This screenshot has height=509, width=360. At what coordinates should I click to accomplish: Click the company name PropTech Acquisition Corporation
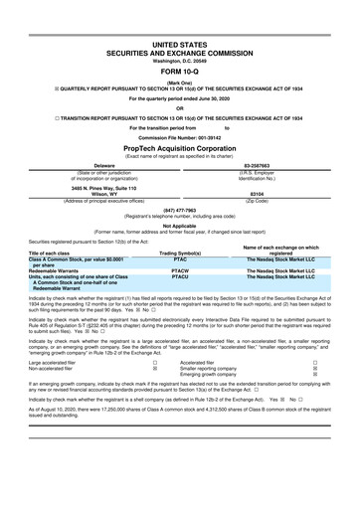point(180,145)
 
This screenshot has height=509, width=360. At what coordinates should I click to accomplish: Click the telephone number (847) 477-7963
point(180,211)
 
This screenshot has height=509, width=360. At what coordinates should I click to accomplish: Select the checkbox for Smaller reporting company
point(315,371)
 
